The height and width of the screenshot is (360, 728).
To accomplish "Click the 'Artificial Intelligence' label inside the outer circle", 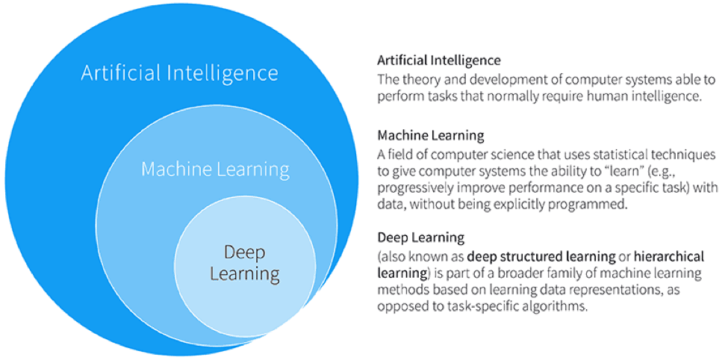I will pyautogui.click(x=179, y=73).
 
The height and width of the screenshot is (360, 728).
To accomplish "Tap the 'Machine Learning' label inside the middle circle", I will pyautogui.click(x=215, y=170).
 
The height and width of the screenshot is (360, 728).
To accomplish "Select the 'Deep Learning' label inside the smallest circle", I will pyautogui.click(x=244, y=263).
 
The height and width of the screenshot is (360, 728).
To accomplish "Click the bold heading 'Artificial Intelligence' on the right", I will pyautogui.click(x=439, y=60).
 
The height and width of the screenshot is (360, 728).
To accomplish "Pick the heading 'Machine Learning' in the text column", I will pyautogui.click(x=431, y=136).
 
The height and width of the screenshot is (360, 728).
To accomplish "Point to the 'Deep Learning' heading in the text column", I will pyautogui.click(x=421, y=238).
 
